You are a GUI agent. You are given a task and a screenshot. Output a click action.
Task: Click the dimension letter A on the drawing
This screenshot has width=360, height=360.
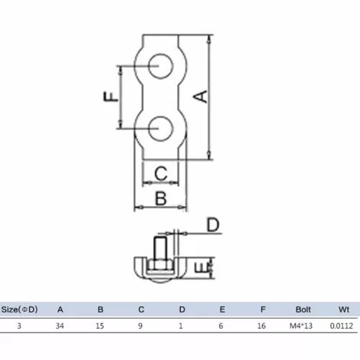click(x=199, y=96)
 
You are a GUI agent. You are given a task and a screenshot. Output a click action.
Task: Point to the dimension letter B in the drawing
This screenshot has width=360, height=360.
click(x=161, y=198)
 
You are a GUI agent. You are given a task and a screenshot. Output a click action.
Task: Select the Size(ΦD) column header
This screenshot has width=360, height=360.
click(x=20, y=310)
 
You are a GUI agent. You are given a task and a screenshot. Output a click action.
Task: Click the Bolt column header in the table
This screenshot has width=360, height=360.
click(x=303, y=310)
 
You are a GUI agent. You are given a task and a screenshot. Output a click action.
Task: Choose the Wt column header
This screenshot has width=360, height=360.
click(x=344, y=310)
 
